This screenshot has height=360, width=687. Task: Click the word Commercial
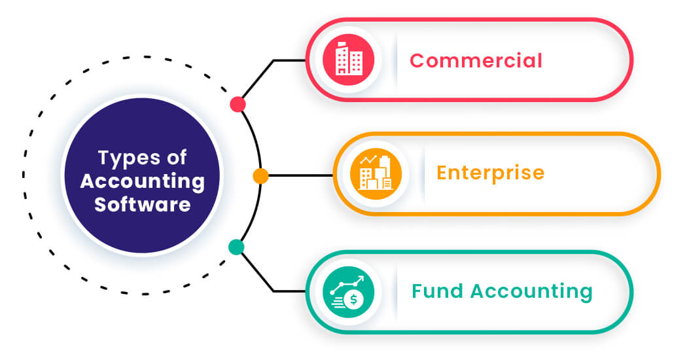tap(476, 61)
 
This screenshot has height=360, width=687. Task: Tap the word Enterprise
tap(490, 173)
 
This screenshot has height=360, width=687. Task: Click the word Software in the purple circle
tap(142, 204)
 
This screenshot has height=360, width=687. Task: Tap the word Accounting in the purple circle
tap(142, 181)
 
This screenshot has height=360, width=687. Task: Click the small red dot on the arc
tap(238, 104)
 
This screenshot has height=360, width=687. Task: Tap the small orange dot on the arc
tap(260, 175)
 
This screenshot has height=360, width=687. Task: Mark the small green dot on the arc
tap(236, 247)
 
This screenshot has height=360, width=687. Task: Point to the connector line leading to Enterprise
tap(301, 175)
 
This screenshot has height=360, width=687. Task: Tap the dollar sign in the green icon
tap(354, 299)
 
